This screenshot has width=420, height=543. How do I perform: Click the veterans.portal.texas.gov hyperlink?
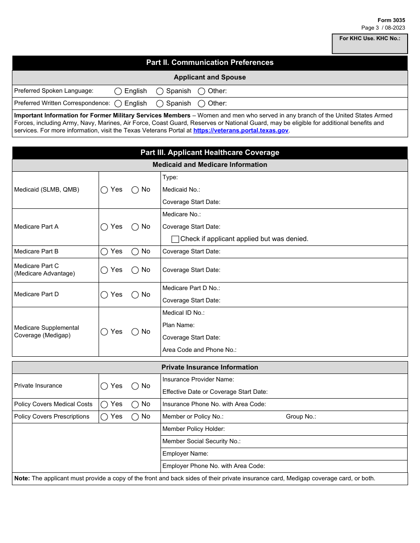click(241, 131)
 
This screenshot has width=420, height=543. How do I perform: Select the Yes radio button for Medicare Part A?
click(104, 227)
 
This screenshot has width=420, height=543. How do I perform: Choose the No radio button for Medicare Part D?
click(135, 295)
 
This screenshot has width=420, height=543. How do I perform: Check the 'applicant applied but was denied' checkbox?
click(175, 239)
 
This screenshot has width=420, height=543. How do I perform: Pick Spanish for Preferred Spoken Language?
click(160, 91)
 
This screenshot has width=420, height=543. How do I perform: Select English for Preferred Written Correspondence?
click(118, 104)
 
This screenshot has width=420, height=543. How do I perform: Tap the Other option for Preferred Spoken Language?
click(202, 91)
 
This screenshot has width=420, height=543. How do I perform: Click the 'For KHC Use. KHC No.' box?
click(370, 44)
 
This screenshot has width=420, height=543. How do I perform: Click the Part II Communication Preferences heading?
click(210, 63)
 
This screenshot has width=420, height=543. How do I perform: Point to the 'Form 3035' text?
click(391, 20)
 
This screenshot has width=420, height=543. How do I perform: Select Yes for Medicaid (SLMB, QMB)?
click(104, 190)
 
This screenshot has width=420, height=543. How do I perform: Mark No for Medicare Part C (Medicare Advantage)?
click(135, 270)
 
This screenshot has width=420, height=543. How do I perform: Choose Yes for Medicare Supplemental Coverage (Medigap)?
click(104, 332)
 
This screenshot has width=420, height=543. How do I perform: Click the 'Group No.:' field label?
click(301, 417)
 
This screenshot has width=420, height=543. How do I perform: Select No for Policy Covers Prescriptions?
click(135, 417)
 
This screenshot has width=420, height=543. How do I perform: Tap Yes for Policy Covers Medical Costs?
click(104, 404)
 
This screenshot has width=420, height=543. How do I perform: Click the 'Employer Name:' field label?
click(185, 454)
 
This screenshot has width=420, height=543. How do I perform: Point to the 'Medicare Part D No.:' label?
click(191, 288)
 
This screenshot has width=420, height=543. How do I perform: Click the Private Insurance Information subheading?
click(210, 367)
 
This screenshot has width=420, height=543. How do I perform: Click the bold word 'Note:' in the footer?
click(22, 479)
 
